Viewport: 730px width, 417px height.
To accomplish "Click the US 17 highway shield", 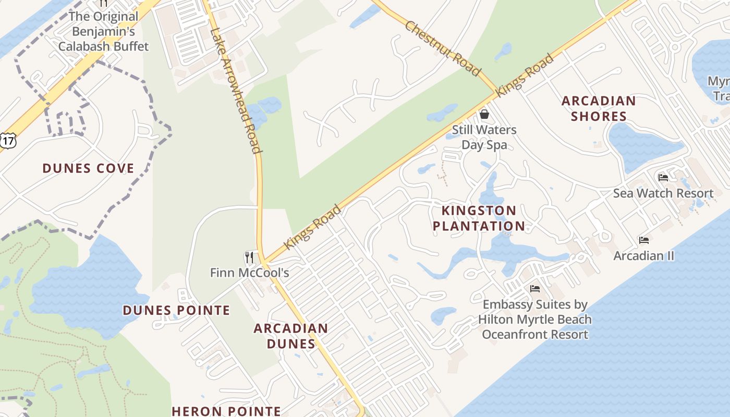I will click(x=8, y=140).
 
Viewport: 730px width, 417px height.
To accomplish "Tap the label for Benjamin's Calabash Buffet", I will click(x=103, y=31).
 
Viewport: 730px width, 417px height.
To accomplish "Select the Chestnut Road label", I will click(x=442, y=48).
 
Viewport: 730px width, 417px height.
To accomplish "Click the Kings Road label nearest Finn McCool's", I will click(x=312, y=227).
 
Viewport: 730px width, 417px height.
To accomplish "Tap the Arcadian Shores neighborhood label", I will click(x=599, y=108).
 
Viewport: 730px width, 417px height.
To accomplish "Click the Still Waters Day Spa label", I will click(x=484, y=137).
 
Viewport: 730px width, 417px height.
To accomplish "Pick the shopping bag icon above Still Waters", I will click(x=484, y=114).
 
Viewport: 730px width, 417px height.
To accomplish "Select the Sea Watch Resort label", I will click(x=663, y=193).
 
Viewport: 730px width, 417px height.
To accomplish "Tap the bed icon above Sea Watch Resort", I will click(x=663, y=178).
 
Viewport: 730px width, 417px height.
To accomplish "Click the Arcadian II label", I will click(x=644, y=256).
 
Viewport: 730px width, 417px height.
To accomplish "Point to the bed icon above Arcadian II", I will click(x=644, y=240).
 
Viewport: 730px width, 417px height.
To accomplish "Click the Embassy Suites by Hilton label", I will click(x=535, y=319).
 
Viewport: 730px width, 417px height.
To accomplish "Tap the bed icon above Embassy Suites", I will click(x=535, y=289).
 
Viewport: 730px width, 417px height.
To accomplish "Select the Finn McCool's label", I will click(x=249, y=273).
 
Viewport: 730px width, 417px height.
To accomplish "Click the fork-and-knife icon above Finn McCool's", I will click(x=249, y=257).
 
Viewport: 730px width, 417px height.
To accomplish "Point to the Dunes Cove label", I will click(x=88, y=168).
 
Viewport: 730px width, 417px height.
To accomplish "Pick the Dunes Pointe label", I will click(x=176, y=310).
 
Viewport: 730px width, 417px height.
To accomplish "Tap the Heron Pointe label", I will click(x=226, y=411).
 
